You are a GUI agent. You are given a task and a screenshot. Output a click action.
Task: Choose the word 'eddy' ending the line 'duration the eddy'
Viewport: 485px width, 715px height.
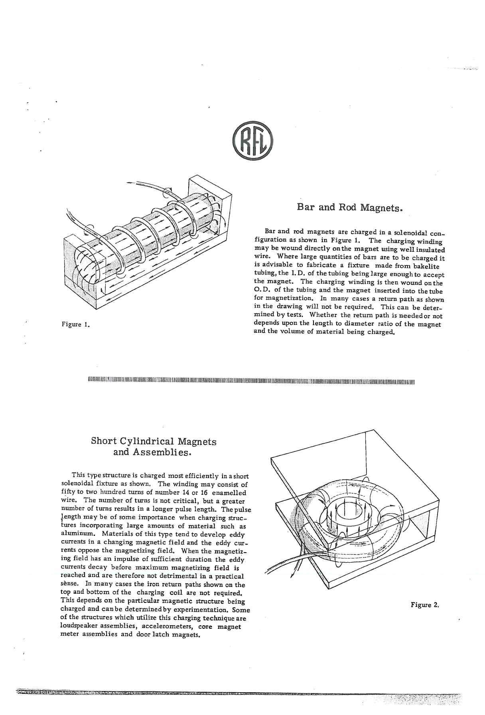click(235, 559)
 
